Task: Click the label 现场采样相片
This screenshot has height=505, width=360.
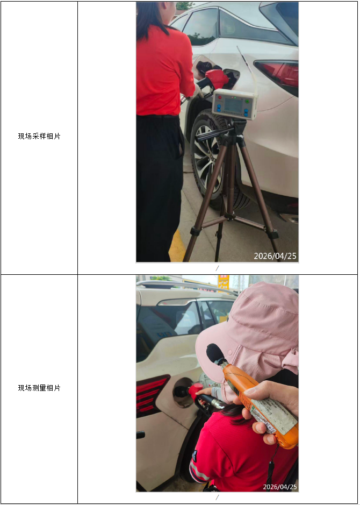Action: click(x=39, y=136)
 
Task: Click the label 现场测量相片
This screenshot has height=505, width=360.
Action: click(x=39, y=388)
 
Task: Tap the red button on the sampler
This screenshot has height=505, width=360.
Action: click(x=220, y=97)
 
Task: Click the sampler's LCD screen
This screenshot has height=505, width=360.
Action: click(x=233, y=105)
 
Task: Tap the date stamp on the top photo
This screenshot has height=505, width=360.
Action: click(x=275, y=256)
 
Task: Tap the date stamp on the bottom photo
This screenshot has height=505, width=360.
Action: click(x=279, y=486)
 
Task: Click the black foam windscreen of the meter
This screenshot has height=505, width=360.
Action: click(x=215, y=354)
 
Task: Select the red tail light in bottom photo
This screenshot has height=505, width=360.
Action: click(x=151, y=395)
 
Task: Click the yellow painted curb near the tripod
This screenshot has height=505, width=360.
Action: click(x=177, y=245)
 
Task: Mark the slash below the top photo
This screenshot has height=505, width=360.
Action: click(x=217, y=268)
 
